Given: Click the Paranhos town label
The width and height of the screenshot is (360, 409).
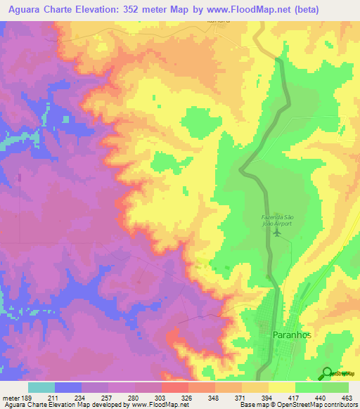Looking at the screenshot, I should pos(291,336).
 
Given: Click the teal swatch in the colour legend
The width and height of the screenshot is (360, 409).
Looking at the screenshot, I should pos(41,387).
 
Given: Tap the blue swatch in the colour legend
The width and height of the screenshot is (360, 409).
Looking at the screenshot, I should pos(68,387).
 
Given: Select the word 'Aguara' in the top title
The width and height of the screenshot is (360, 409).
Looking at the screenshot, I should pos(23,10).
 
